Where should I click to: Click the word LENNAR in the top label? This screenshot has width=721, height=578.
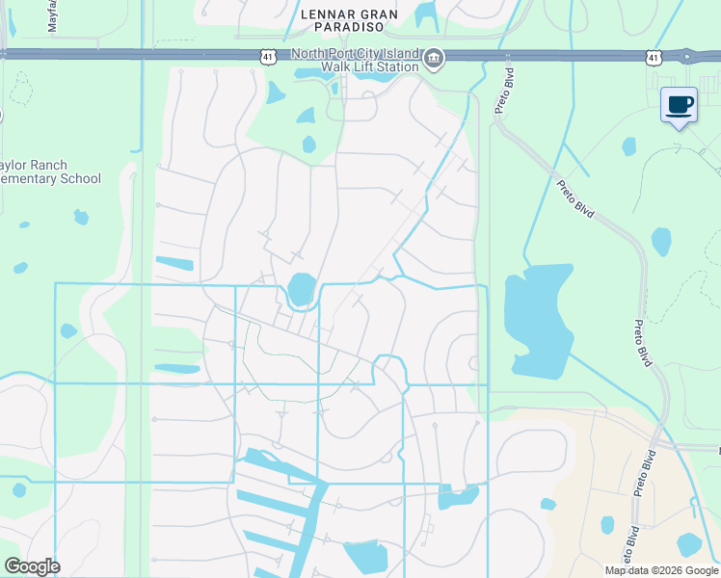329,14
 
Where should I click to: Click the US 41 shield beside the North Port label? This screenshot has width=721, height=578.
267,58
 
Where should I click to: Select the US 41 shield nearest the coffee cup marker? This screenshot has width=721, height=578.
654,58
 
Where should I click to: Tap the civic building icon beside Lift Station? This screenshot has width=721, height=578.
434,60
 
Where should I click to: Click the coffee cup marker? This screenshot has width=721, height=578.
679,105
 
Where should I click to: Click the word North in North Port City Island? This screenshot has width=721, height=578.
311,54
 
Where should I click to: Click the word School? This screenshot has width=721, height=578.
80,178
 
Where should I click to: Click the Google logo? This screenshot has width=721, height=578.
33,566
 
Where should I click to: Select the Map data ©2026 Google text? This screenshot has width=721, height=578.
661,570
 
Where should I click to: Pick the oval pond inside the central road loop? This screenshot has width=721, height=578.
301,288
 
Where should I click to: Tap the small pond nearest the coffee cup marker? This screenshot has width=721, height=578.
628,146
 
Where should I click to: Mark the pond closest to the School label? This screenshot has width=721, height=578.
81,218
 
